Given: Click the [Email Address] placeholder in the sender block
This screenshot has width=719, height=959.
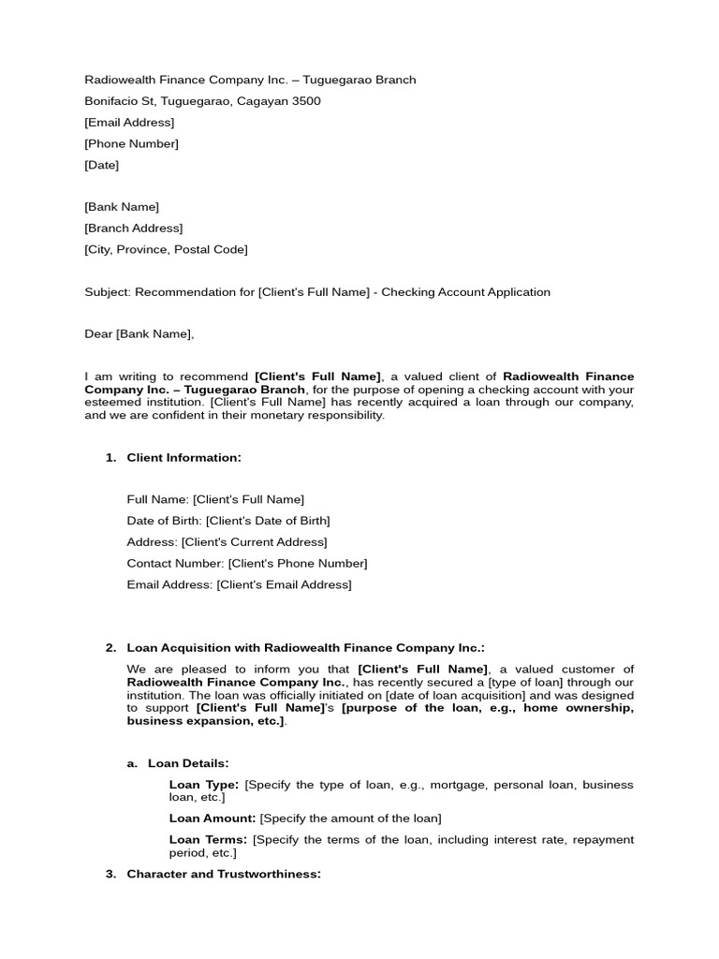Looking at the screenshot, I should tap(129, 123).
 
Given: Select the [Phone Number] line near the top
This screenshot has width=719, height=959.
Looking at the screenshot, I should tap(131, 144).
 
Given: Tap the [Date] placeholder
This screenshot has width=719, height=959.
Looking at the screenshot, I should tap(101, 165).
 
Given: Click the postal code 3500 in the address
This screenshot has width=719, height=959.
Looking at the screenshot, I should tap(306, 101).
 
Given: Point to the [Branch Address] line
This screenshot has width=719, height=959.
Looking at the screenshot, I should tap(133, 229).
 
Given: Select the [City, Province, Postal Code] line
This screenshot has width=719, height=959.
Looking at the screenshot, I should tap(166, 249).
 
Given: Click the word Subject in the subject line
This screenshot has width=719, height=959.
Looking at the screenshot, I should tap(108, 292).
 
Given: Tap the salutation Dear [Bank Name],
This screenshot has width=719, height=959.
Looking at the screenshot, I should tap(139, 334).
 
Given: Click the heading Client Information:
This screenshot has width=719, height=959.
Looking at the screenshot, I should tap(183, 458).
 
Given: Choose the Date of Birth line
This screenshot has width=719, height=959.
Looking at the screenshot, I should tap(228, 521).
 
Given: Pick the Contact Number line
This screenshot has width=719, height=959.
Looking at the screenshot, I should tap(247, 564).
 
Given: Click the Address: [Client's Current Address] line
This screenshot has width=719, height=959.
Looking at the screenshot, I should tap(227, 542).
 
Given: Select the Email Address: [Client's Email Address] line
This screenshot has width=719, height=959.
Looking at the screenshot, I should tap(239, 585).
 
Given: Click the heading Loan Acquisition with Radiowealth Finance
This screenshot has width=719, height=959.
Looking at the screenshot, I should tap(306, 648).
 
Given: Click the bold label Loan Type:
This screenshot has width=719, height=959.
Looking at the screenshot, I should tap(203, 785).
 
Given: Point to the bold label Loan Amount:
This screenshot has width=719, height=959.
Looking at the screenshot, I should tap(213, 819).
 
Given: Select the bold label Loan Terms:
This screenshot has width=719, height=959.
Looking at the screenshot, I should tap(208, 840).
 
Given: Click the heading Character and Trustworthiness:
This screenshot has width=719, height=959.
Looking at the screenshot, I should tap(224, 875).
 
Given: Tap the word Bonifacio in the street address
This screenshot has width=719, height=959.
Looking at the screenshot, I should tap(110, 101).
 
